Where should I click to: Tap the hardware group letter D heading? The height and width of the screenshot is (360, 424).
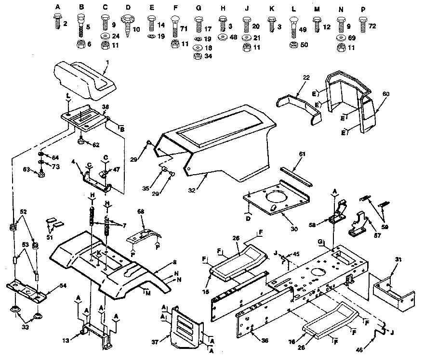tap(128, 8)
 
